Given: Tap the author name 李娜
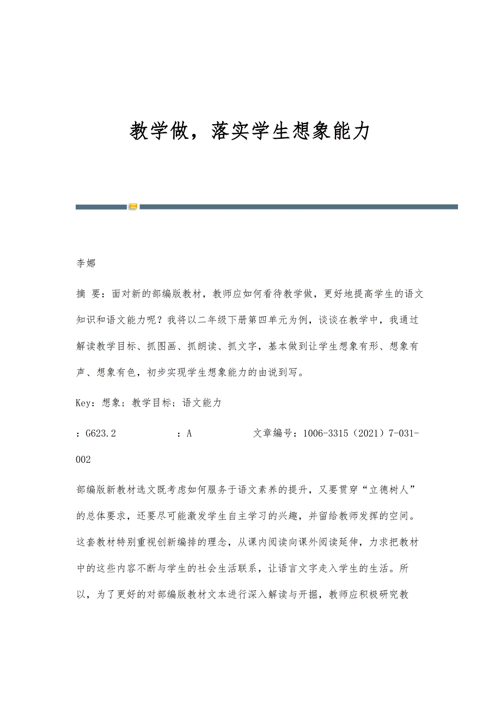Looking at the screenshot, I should pos(85,264).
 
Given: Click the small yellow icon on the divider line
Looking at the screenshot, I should pos(133,207).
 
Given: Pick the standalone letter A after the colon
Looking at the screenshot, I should pos(189,433).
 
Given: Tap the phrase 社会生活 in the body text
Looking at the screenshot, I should pos(220,569).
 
